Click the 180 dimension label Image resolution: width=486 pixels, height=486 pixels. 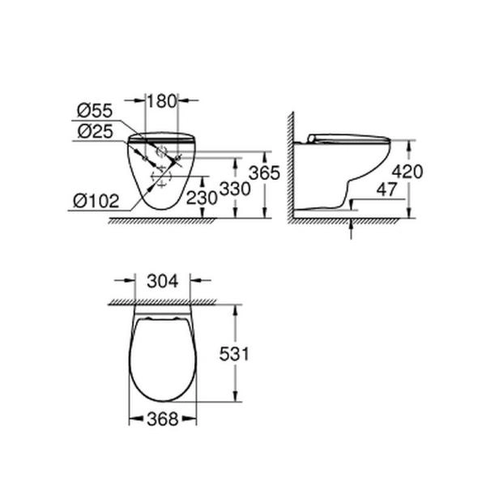(161, 100)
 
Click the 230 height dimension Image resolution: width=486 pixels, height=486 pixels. (202, 197)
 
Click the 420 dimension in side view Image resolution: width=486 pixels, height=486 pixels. (408, 172)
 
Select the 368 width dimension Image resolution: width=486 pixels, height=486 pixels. (163, 419)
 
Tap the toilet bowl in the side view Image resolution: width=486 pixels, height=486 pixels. (356, 174)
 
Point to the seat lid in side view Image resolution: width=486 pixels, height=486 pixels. (348, 139)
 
